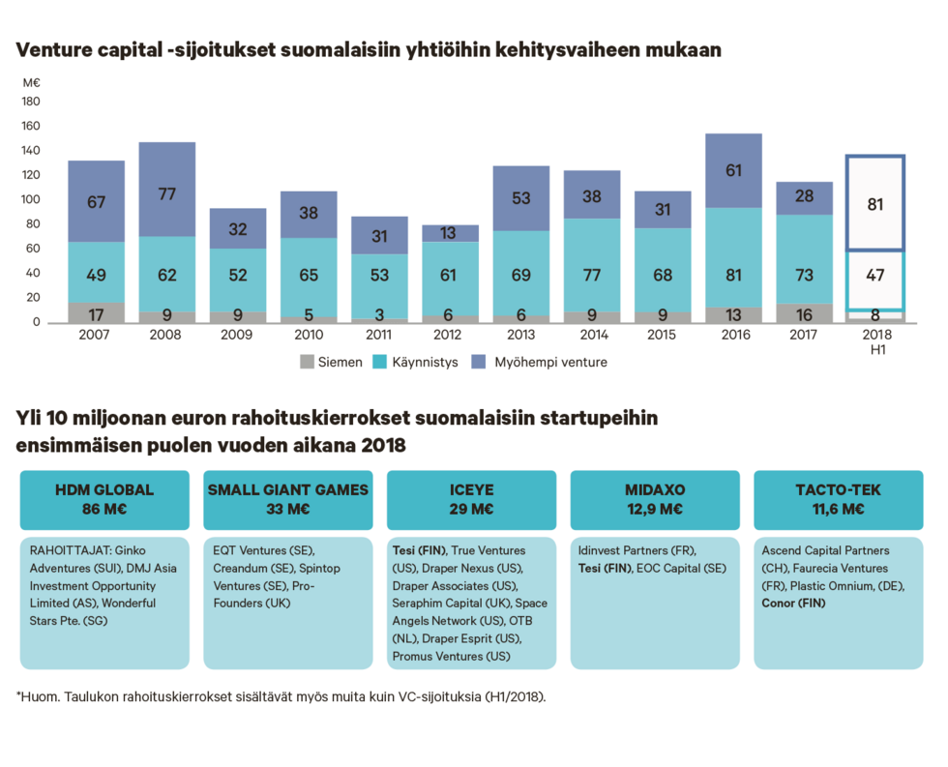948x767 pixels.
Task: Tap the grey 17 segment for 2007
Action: click(x=97, y=313)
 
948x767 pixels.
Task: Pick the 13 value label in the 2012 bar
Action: click(x=450, y=233)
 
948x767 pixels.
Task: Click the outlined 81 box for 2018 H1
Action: click(x=875, y=204)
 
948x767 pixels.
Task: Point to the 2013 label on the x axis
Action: click(x=521, y=334)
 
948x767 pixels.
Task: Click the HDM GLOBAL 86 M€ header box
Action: click(x=104, y=499)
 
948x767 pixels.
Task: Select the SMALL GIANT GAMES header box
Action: click(x=288, y=499)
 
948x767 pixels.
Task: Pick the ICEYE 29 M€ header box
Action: click(x=472, y=499)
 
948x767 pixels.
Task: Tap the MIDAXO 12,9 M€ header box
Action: click(x=655, y=499)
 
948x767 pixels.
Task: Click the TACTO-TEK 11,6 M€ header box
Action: click(x=839, y=499)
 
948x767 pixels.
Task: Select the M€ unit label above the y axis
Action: click(x=30, y=82)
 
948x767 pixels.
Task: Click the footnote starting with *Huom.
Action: click(x=281, y=695)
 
